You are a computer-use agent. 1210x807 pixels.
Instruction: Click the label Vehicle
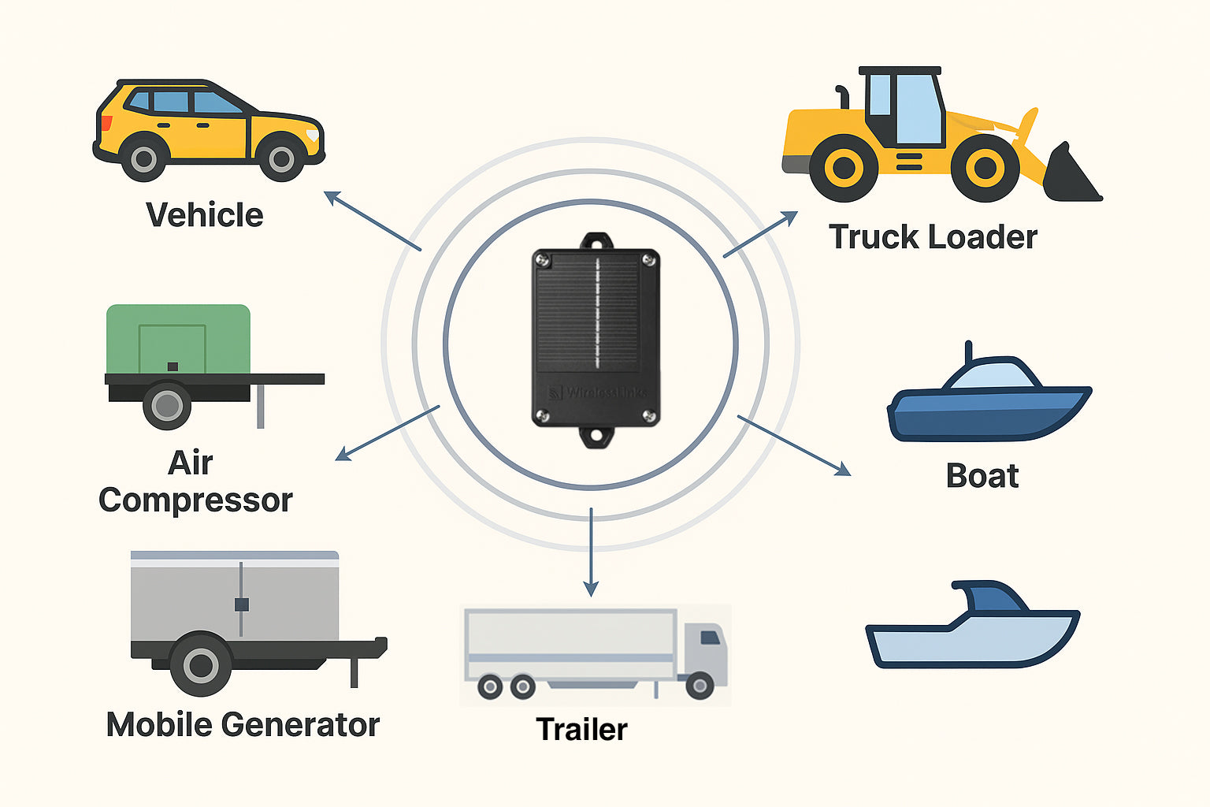click(x=205, y=215)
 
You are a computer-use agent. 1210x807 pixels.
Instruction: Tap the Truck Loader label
click(x=933, y=237)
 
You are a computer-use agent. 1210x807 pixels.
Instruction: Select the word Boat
click(x=982, y=476)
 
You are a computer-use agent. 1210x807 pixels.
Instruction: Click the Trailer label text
click(x=581, y=730)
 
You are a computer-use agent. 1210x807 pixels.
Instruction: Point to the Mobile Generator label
click(x=243, y=725)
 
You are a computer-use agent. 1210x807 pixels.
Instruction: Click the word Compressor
click(x=195, y=500)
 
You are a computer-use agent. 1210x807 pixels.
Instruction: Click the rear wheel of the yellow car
click(x=143, y=158)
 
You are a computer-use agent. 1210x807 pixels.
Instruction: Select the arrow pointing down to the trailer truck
click(x=591, y=552)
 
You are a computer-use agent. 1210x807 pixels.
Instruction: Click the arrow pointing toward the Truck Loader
click(x=760, y=234)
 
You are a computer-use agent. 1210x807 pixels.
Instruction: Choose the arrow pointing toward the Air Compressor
click(x=387, y=433)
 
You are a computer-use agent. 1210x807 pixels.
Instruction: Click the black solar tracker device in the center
click(x=596, y=339)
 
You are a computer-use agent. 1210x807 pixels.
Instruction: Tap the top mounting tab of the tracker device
click(x=596, y=240)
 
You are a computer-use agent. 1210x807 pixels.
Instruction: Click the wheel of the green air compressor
click(x=167, y=405)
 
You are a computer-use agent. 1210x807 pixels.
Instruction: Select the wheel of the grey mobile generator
click(x=201, y=665)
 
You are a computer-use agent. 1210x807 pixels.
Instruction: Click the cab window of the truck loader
click(x=917, y=108)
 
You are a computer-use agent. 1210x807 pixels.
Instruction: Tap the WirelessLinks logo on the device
click(x=597, y=392)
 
